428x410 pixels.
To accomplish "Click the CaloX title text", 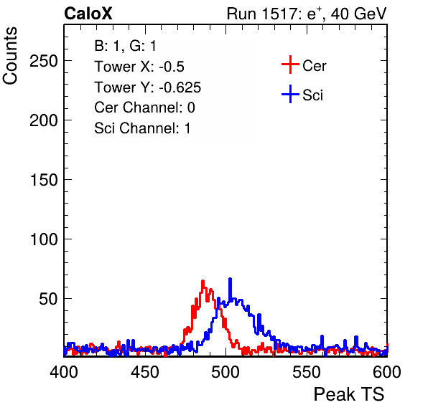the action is point(88,14).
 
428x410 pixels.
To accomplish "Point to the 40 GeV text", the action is point(358,14).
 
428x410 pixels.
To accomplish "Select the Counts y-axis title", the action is point(10,56).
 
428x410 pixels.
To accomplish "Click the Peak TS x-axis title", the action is point(349,394).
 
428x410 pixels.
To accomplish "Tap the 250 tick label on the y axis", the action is point(44,61).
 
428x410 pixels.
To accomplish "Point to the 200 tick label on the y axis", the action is point(44,120).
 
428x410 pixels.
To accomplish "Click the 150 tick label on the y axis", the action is point(44,180).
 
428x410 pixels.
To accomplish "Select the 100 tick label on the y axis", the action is point(44,239).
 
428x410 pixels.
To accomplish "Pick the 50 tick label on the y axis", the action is point(48,299).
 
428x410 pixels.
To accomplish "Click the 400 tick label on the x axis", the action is point(64,372).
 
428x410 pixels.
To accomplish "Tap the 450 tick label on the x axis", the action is point(145,372).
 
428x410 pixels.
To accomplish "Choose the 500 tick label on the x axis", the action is point(225,372).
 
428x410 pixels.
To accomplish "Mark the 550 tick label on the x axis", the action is point(307,372).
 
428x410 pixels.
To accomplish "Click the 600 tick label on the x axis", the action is point(387,372).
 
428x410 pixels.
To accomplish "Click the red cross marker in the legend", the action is point(290,65).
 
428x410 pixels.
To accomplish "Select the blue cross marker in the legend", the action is point(290,95).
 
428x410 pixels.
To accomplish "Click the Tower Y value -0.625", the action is point(180,87).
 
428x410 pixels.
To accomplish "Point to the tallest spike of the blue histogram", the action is point(230,280).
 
